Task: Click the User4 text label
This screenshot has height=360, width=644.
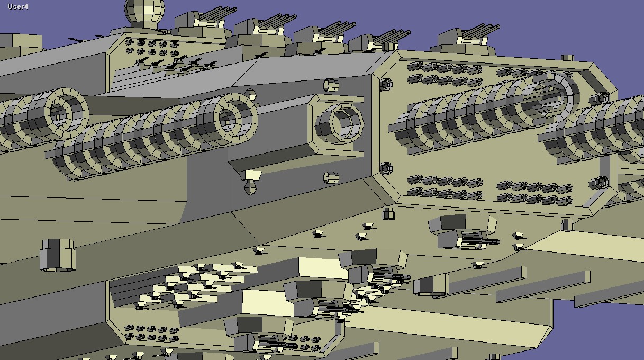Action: point(18,6)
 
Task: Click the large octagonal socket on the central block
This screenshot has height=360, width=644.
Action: point(340,124)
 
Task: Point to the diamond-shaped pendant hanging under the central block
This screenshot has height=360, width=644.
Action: point(250,187)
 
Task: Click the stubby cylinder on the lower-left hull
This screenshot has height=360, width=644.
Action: point(58,255)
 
